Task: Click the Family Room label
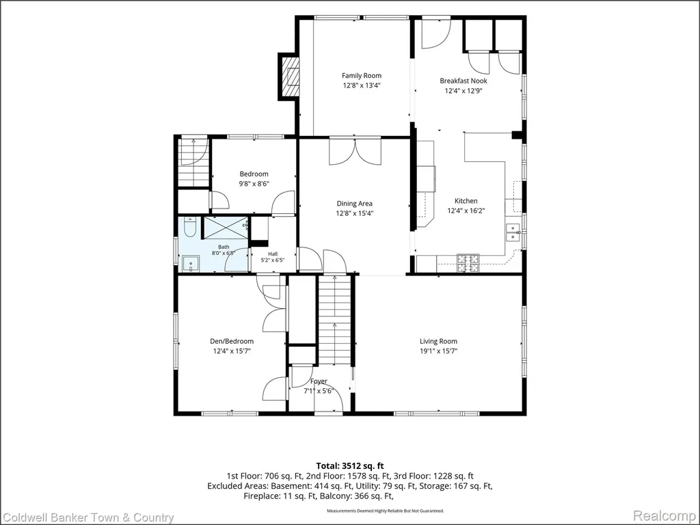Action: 362,76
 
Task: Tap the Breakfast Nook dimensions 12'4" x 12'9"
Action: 463,91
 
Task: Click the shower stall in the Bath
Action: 226,227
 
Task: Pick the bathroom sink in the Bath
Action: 191,264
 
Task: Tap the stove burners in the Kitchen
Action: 468,262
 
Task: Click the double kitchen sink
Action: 513,232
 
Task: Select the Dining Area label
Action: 355,204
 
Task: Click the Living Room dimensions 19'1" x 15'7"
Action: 438,351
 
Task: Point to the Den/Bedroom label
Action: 232,342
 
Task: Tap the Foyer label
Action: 319,381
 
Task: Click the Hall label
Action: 273,254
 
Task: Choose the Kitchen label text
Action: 466,201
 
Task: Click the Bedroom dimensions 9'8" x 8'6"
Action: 254,183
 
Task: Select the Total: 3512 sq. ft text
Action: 350,466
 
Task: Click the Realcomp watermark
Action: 666,516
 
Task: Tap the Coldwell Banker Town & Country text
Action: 87,517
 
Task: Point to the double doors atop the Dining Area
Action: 355,152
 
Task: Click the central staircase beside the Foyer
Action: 335,321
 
